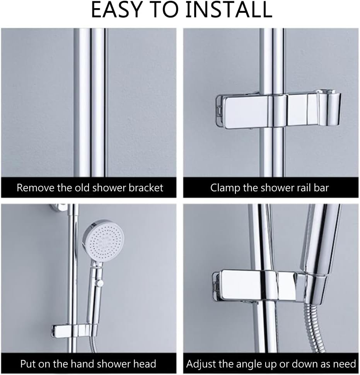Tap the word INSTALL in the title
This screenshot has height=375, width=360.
pos(229,10)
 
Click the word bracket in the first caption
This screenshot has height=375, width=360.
pos(146,188)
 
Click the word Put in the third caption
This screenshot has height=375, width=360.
pos(28,364)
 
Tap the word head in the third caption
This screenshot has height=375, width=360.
pos(145,364)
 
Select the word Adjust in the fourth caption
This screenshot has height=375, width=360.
pos(201,364)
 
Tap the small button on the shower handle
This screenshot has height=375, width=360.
pos(100,283)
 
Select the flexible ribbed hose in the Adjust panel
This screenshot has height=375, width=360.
pos(313,328)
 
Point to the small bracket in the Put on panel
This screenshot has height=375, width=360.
pos(74,331)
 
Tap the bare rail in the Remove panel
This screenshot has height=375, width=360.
pos(90,102)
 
